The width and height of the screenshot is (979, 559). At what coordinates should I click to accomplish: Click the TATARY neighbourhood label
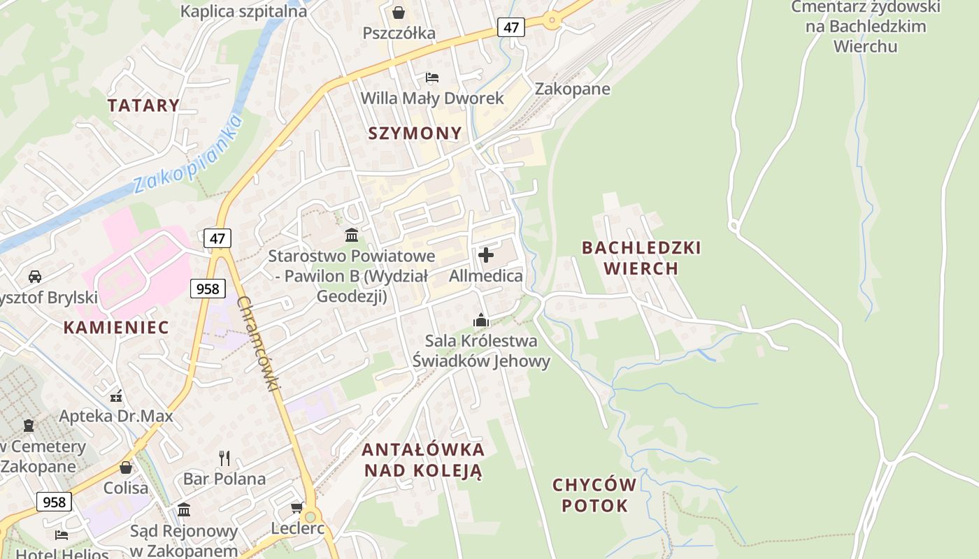143,106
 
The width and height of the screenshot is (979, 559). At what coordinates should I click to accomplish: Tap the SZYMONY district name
415,133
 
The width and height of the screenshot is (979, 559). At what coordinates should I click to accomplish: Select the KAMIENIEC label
116,327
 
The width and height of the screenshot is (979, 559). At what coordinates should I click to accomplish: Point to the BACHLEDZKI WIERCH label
641,258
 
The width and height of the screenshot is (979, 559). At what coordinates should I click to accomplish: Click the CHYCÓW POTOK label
594,495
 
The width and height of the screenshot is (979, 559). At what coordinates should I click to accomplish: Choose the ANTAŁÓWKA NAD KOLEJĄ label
423,460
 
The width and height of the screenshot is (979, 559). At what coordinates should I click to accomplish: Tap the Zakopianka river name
187,154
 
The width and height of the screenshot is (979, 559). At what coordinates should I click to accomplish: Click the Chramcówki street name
258,343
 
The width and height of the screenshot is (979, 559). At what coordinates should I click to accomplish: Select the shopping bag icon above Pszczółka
399,13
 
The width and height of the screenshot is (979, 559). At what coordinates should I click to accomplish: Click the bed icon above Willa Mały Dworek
432,77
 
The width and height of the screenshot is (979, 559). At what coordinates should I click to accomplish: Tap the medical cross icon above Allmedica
485,255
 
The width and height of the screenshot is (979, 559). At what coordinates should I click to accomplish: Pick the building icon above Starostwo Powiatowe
352,235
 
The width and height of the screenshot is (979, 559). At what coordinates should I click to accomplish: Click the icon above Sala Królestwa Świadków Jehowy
481,320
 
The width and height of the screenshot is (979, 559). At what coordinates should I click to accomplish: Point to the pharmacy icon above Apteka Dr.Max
116,395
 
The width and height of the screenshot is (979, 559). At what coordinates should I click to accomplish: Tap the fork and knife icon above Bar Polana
224,458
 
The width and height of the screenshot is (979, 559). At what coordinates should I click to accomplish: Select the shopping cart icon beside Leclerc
296,507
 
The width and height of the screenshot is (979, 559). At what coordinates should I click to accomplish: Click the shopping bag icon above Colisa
126,467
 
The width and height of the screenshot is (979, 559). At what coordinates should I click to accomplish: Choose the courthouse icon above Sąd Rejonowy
184,509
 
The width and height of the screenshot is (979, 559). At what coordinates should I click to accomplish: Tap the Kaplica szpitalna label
243,11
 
